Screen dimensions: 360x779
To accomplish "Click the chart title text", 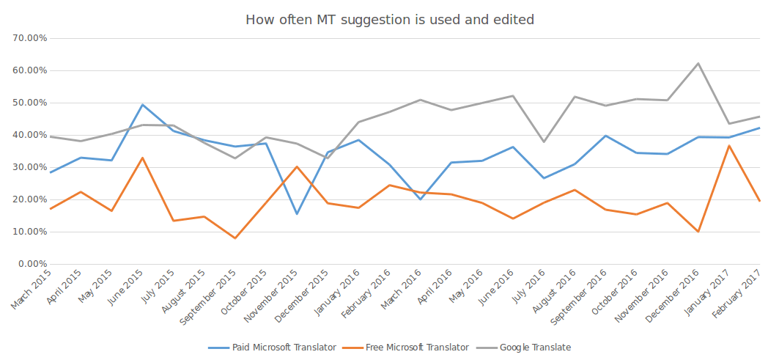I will (389, 20).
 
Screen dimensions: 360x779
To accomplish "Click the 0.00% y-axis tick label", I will (32, 264).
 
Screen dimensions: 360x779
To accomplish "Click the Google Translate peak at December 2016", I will (698, 63).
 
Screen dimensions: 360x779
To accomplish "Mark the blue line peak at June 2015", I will (142, 105).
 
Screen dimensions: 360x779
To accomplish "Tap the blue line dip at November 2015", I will (297, 214).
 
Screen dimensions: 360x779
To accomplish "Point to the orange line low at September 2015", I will (235, 238).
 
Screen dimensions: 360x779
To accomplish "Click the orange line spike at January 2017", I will (728, 145).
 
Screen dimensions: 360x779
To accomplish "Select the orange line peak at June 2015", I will (142, 158).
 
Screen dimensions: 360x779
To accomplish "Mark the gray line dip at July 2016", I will (543, 142).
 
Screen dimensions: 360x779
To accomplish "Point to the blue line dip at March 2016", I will (420, 199).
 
